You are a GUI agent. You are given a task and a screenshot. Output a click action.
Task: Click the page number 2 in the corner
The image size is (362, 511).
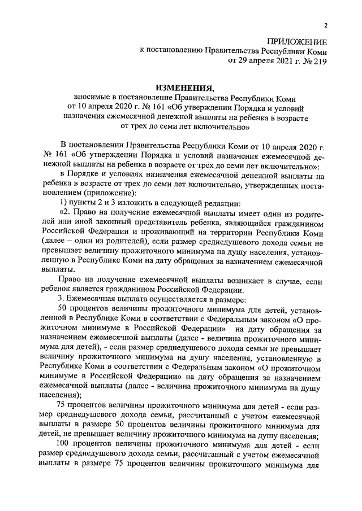pyautogui.click(x=326, y=25)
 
